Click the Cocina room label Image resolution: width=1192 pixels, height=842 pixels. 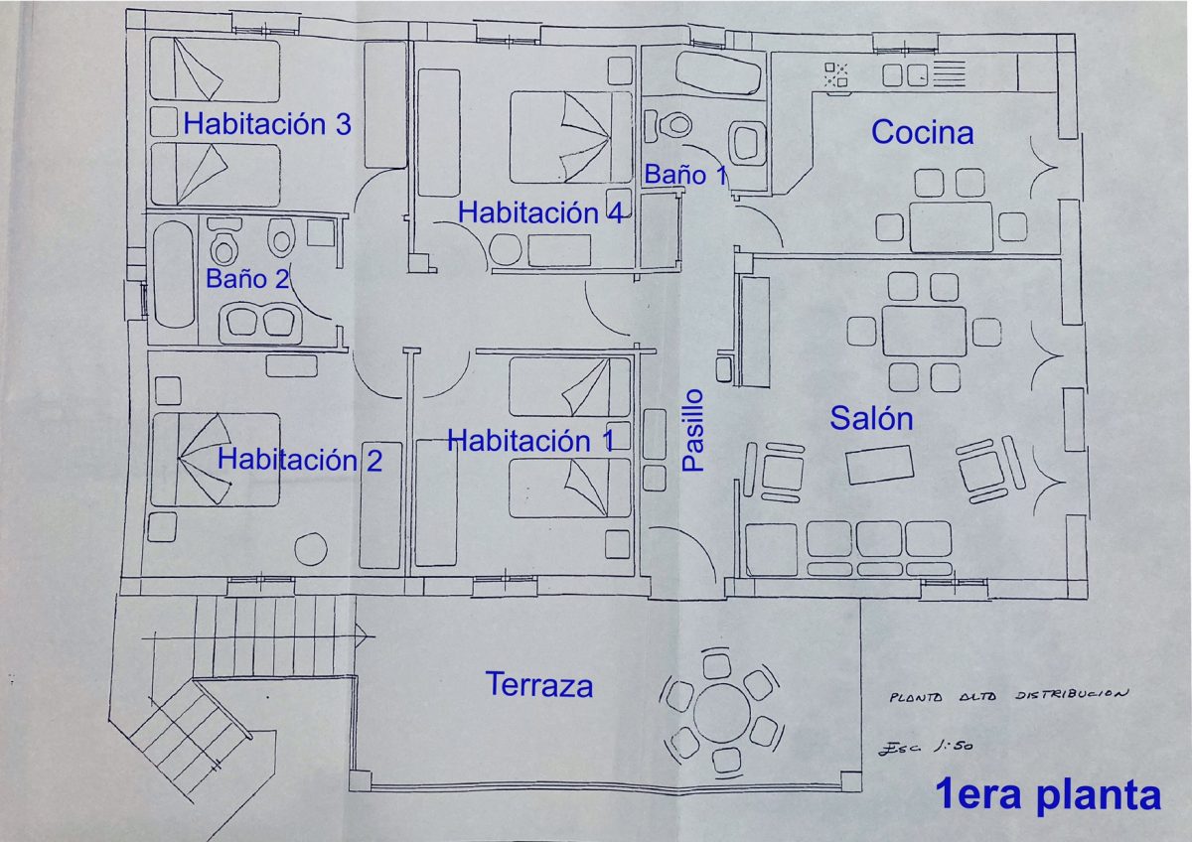point(922,132)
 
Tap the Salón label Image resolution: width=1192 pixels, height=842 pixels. point(872,418)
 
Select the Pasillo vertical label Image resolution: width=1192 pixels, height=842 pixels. point(693,430)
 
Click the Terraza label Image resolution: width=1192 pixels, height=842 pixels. point(539,684)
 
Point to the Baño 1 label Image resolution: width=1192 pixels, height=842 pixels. point(685,175)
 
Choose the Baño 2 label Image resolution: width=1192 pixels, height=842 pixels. point(247,279)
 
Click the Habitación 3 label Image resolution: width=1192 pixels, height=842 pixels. point(267,124)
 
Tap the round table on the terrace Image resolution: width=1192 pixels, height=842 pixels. point(721,713)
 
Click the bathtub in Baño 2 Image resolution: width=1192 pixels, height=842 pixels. point(174,274)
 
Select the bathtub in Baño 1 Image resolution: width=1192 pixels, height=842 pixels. point(718,73)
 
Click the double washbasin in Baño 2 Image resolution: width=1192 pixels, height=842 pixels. point(260,323)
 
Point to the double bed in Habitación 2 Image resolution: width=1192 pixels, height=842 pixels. point(216,460)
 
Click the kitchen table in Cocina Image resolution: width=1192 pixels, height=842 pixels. point(951,226)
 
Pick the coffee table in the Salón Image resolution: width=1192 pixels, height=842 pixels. point(879,465)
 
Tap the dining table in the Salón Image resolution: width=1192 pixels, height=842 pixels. point(924,331)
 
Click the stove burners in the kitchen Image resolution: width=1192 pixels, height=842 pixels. point(836,74)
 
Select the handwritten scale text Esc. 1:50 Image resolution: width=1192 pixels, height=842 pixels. point(926,747)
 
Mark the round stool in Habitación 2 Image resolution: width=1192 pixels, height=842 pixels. point(311,549)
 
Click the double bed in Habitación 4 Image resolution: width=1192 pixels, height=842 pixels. point(571,137)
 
